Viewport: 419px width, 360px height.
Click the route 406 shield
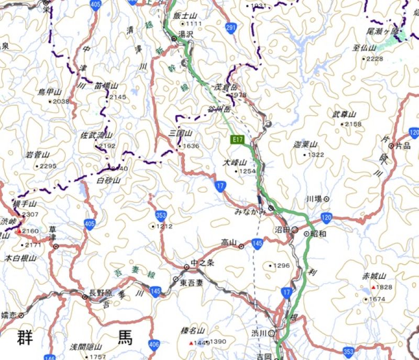(x=153, y=344)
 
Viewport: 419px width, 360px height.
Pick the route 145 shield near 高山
(x=257, y=243)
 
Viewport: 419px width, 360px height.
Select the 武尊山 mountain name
(x=344, y=114)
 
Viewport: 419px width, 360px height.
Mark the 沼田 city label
(x=282, y=230)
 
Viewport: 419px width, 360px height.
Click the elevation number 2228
(x=375, y=59)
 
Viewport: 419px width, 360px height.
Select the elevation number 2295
(x=48, y=166)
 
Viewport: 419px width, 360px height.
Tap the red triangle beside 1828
(x=373, y=288)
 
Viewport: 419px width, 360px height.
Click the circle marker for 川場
(x=326, y=199)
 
